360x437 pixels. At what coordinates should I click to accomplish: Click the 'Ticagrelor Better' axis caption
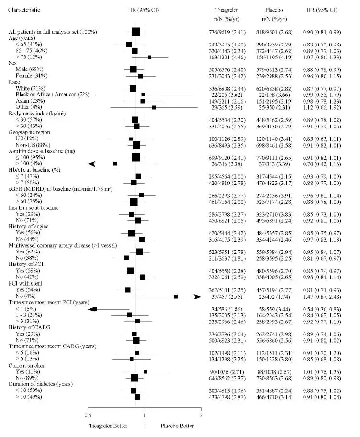(x=109, y=425)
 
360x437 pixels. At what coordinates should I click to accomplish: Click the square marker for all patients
(x=136, y=32)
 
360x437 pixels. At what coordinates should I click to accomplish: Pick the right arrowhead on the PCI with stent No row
(x=197, y=297)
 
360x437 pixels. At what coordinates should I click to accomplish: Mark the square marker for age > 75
(x=149, y=57)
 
